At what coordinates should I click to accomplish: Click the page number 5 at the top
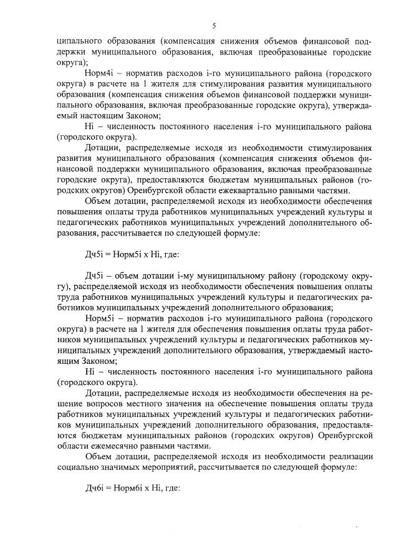[x=213, y=26]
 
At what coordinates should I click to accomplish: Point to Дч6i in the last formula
[x=95, y=487]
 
